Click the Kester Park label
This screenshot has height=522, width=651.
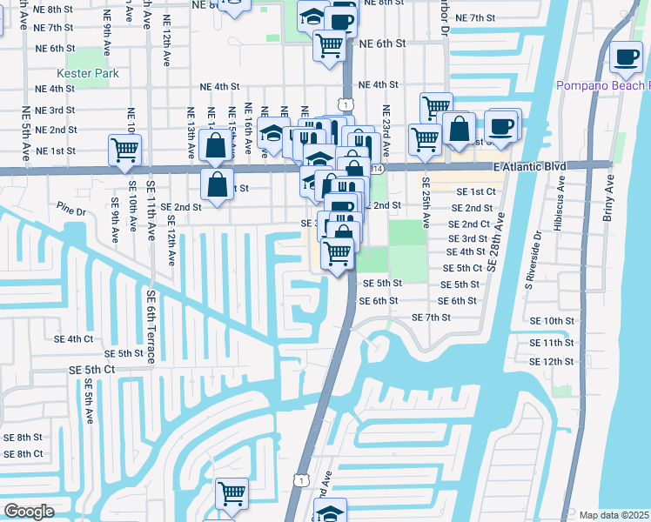(87, 74)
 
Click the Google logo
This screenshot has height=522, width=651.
(29, 512)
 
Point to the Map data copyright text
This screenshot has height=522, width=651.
(614, 515)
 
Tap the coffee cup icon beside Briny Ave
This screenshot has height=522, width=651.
(625, 58)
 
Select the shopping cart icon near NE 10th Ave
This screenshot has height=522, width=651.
(124, 150)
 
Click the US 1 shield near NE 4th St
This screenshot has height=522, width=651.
(347, 104)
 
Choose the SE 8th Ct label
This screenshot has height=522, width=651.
(23, 453)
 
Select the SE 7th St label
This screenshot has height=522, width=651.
(430, 318)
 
